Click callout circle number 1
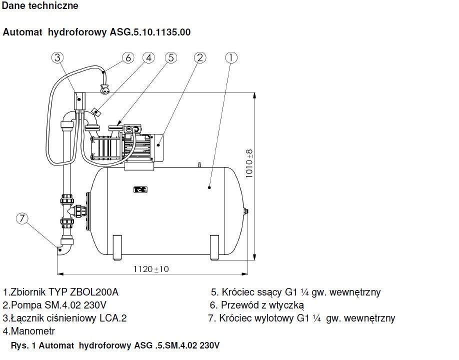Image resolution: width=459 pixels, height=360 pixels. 230,57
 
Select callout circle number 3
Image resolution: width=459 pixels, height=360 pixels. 58,57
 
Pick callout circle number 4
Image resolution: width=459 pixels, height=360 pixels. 148,57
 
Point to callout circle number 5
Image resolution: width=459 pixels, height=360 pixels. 171,57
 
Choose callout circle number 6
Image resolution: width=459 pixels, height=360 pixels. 127,57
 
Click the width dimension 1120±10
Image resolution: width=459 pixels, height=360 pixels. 151,269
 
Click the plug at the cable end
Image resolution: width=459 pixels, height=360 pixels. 105,90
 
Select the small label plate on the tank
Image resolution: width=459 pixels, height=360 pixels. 138,189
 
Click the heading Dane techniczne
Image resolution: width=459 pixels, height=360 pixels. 40,6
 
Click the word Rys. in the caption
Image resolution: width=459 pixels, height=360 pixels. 19,345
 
